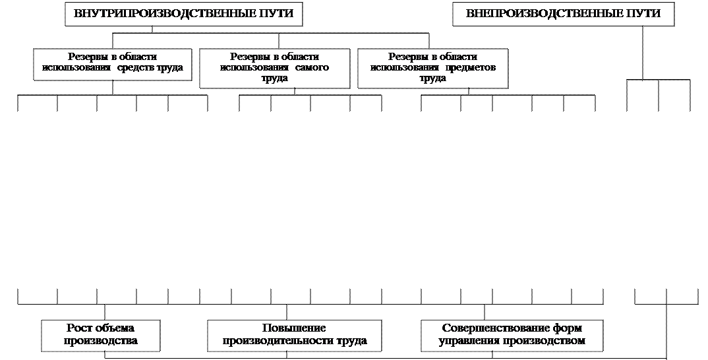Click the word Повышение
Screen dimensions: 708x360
[x=295, y=328]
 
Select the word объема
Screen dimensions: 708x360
[x=115, y=328]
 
